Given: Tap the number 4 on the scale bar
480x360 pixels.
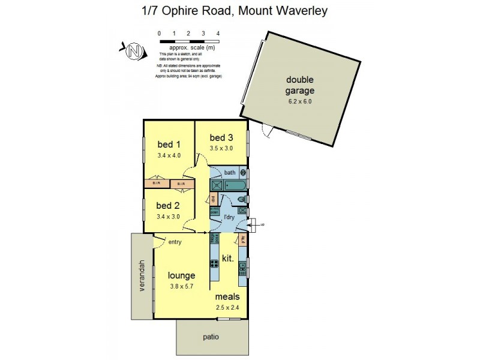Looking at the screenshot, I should click(218, 34).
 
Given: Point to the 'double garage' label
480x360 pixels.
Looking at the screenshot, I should click(299, 86).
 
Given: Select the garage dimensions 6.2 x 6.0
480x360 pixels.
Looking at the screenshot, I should click(299, 101).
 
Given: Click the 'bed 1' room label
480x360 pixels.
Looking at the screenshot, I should click(169, 144).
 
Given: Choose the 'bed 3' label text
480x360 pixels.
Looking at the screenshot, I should click(221, 137).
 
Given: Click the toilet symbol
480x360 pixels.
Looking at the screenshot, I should click(241, 199).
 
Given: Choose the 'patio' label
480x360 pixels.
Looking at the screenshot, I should click(211, 337).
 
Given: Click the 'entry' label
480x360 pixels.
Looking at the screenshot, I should click(175, 242).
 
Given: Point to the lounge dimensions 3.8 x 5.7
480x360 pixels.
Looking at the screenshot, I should click(181, 287).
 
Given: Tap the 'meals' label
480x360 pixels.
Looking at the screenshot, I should click(227, 296).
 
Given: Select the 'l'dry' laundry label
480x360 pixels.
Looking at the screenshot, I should click(229, 217).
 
